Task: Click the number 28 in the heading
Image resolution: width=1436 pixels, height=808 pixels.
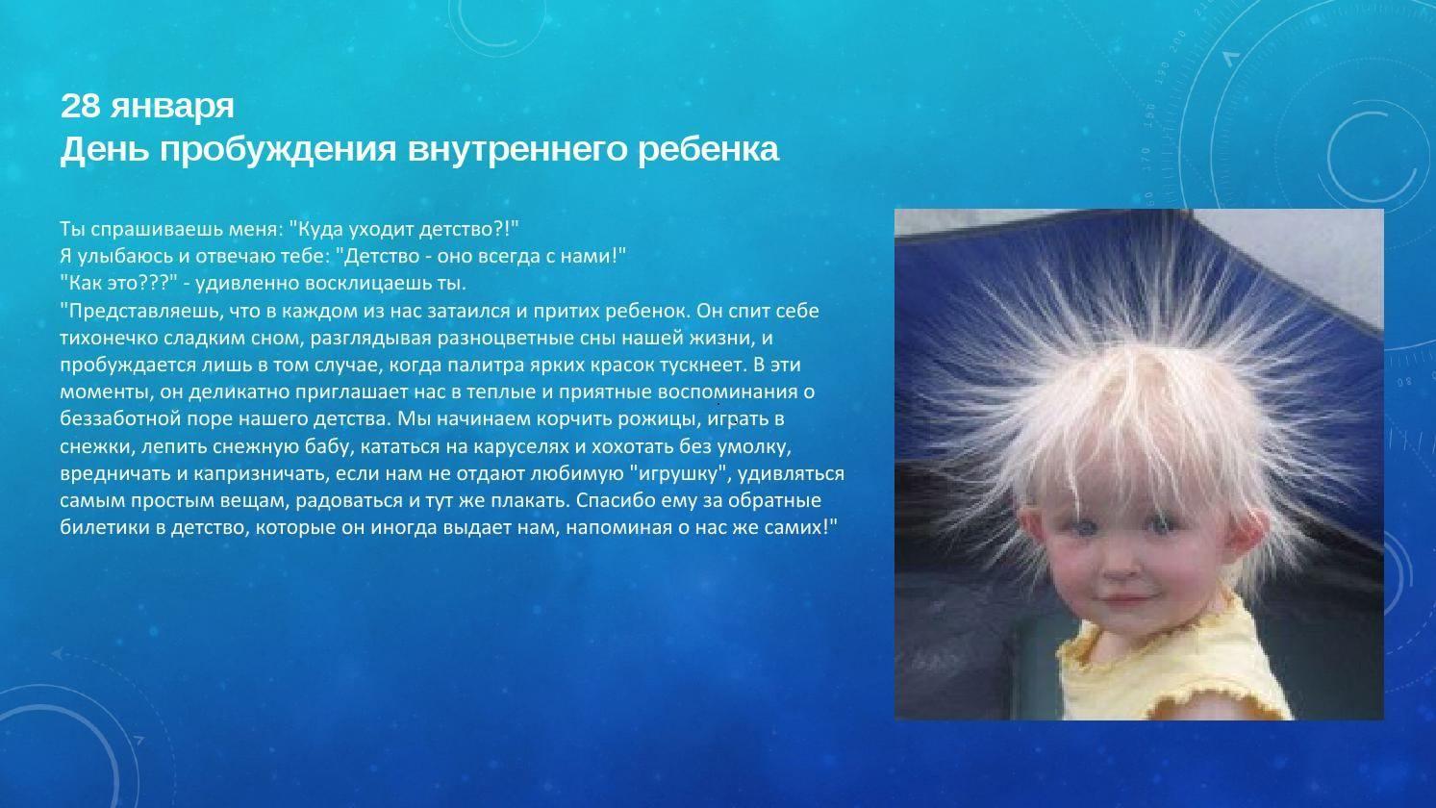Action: point(80,106)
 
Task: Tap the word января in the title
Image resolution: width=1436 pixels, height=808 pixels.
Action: point(172,109)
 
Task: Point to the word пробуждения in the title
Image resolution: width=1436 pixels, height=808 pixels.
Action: point(278,150)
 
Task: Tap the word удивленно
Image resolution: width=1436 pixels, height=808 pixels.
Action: point(245,284)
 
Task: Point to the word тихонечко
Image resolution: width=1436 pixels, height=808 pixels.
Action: point(109,338)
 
